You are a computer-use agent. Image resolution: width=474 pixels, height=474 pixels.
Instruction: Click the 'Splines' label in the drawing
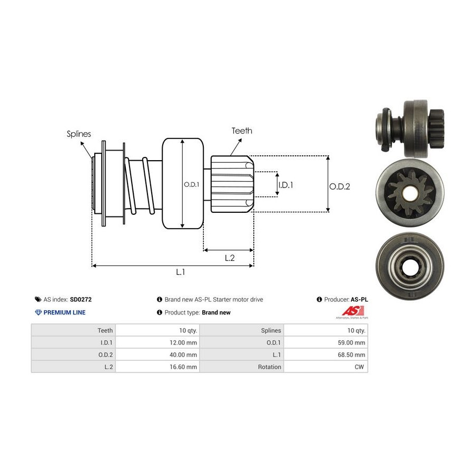click(78, 134)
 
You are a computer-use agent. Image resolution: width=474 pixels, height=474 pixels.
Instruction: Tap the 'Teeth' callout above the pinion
click(242, 131)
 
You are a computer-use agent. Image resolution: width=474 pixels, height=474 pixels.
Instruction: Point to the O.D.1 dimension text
click(191, 184)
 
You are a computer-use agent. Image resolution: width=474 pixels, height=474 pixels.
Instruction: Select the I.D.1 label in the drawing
click(285, 185)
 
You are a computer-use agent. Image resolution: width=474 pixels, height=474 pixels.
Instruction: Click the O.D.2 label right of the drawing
click(340, 186)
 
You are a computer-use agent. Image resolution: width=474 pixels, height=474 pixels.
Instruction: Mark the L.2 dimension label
click(229, 258)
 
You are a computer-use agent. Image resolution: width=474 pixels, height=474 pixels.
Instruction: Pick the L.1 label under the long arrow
click(181, 272)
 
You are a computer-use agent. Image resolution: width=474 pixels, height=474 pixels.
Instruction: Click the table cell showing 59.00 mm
click(349, 342)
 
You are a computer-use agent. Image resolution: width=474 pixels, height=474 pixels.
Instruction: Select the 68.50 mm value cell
click(349, 354)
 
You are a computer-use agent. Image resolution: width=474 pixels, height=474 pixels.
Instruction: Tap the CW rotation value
click(360, 367)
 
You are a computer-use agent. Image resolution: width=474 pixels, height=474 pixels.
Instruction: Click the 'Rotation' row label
click(270, 367)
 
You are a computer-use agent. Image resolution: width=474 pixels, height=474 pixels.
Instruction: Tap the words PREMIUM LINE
click(64, 312)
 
